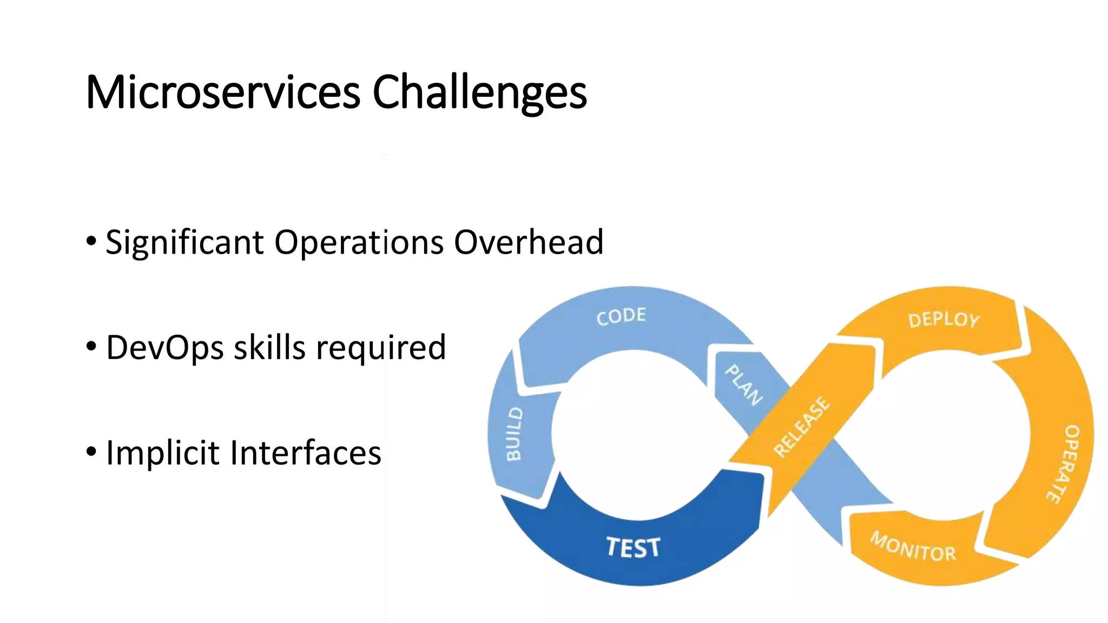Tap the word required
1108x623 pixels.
pyautogui.click(x=381, y=348)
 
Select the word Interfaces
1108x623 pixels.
pyautogui.click(x=306, y=453)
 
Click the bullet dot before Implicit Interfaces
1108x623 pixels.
pyautogui.click(x=91, y=450)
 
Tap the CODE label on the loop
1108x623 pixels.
pyautogui.click(x=621, y=316)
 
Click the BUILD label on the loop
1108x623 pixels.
pyautogui.click(x=514, y=434)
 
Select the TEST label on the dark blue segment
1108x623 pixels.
pyautogui.click(x=633, y=547)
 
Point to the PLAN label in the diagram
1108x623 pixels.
pyautogui.click(x=744, y=385)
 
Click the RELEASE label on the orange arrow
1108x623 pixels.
pyautogui.click(x=801, y=427)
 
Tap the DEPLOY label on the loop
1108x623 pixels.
pyautogui.click(x=944, y=320)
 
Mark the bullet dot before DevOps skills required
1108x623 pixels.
pyautogui.click(x=91, y=346)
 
